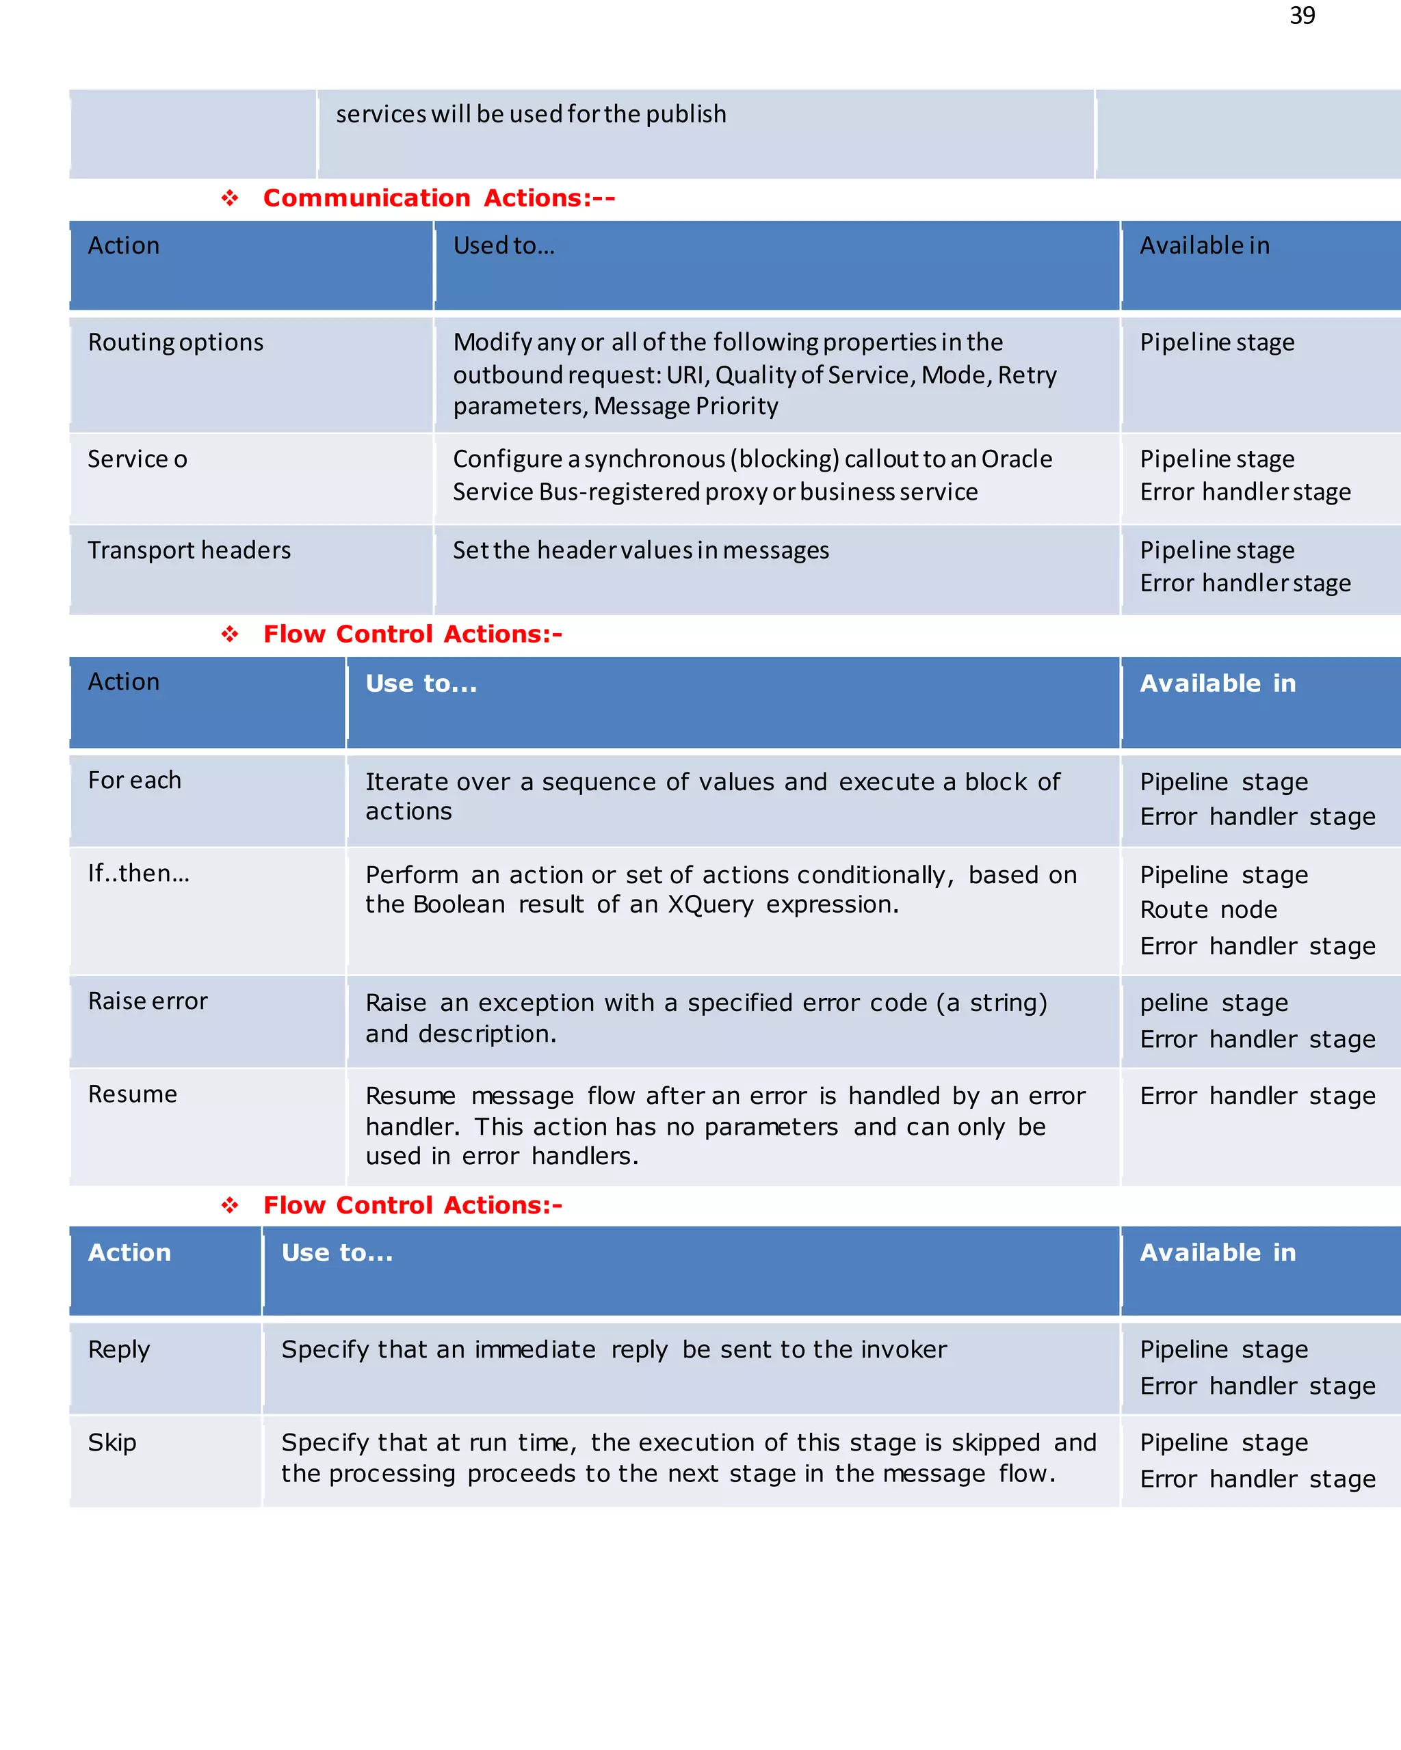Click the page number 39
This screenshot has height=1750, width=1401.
pos(1302,16)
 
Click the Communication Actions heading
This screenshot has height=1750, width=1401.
pos(438,198)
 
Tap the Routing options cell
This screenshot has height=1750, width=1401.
pos(175,342)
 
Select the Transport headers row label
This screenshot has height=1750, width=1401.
pos(188,550)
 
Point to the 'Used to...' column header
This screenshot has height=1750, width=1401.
pos(503,246)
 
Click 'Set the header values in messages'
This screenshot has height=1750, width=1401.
pos(640,550)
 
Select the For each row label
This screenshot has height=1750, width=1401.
pos(135,781)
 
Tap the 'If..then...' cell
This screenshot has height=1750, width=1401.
pos(138,874)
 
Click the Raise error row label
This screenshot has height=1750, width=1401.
pos(148,1001)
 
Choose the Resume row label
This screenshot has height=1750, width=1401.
pos(133,1095)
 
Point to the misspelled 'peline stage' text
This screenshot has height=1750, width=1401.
pos(1214,1004)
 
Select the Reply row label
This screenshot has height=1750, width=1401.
pos(118,1350)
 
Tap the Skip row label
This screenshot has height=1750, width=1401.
pos(112,1443)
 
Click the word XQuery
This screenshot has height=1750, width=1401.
pos(710,905)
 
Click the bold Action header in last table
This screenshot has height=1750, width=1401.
pos(129,1253)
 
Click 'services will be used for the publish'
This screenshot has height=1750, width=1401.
pos(530,114)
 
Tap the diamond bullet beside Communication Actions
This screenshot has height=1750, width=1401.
pos(230,198)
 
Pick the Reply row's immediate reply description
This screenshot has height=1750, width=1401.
pos(613,1350)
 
